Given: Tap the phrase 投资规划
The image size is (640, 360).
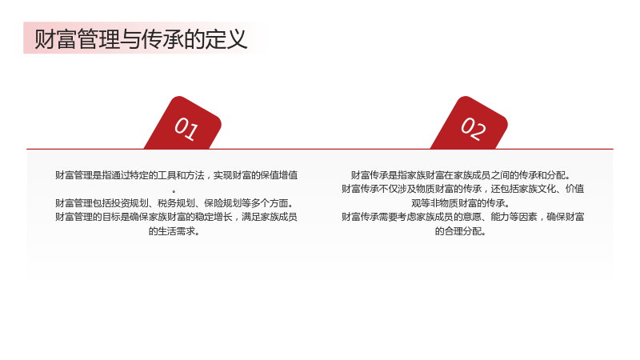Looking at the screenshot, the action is pyautogui.click(x=130, y=203).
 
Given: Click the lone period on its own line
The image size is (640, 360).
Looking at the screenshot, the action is pyautogui.click(x=174, y=191).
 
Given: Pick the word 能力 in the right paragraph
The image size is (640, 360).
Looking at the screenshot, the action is pyautogui.click(x=499, y=217).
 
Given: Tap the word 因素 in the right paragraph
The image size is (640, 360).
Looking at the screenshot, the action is pyautogui.click(x=528, y=217).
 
